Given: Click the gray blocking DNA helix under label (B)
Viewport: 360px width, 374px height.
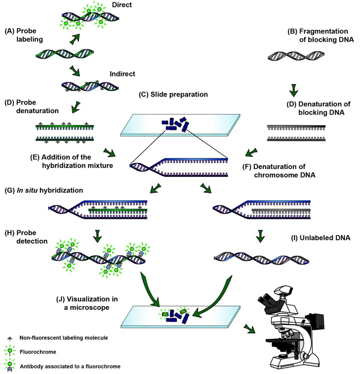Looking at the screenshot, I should pos(294,57).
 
